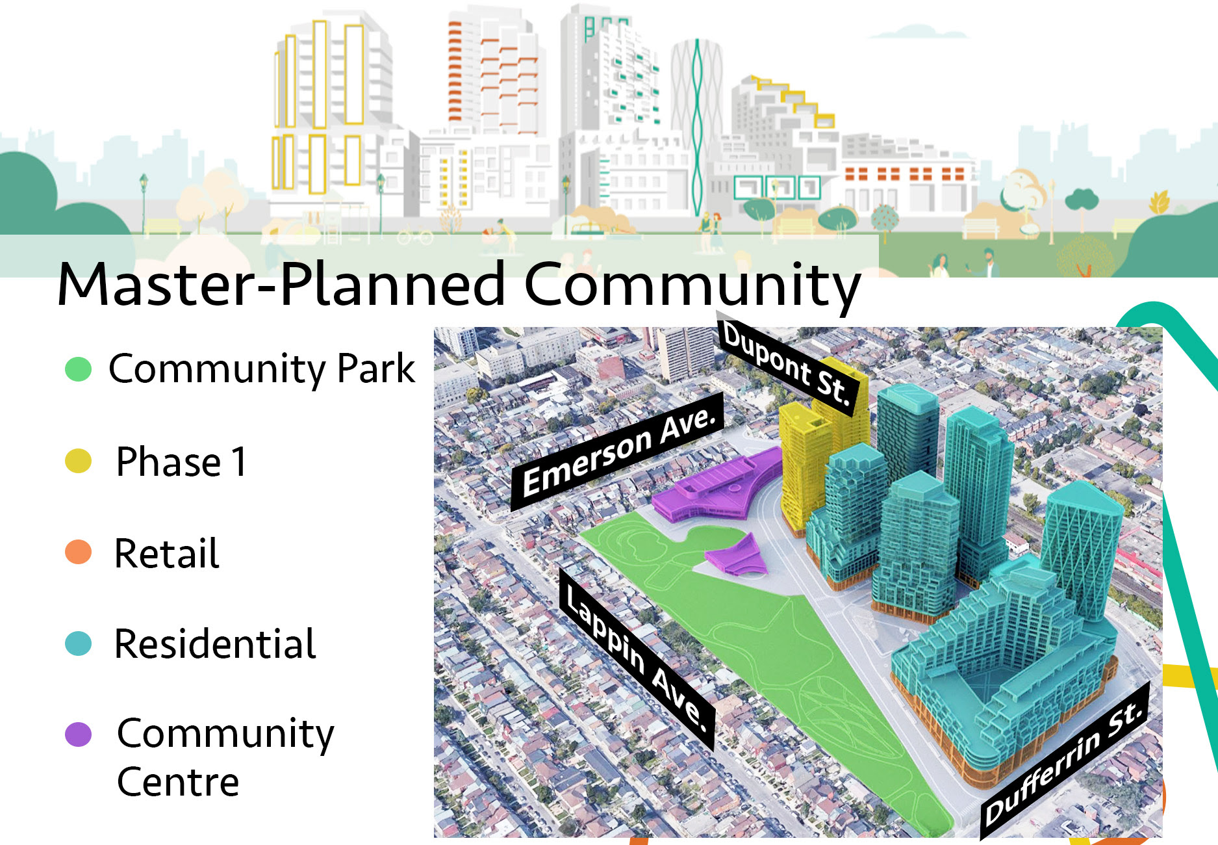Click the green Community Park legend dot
(x=78, y=369)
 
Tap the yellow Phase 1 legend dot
(x=78, y=461)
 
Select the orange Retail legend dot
(x=78, y=552)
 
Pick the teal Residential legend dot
(x=78, y=643)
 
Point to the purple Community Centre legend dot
(x=78, y=734)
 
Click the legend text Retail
(x=167, y=553)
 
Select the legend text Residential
(x=215, y=644)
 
